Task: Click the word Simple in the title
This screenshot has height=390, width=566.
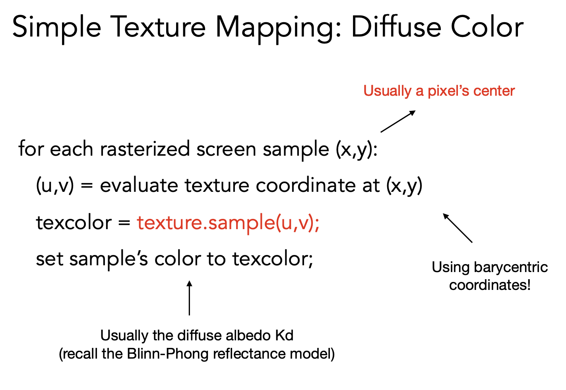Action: [56, 28]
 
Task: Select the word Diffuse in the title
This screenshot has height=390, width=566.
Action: [396, 27]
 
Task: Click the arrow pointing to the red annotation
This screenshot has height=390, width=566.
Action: [398, 121]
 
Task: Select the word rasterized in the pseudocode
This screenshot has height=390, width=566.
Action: [145, 149]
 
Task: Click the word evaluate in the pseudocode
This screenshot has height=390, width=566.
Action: [139, 185]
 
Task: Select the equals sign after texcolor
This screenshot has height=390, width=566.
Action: [124, 223]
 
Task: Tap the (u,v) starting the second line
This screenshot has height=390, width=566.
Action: [55, 186]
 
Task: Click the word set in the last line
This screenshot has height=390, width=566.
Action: [50, 259]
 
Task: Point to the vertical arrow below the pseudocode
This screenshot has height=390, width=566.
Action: [189, 298]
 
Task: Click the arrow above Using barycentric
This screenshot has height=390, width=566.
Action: [457, 228]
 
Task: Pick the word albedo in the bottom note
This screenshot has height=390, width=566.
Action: [248, 336]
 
